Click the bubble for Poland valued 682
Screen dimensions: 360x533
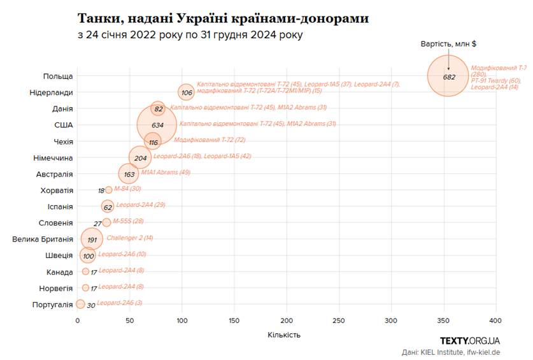pyautogui.click(x=448, y=76)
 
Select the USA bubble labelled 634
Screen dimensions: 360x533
pyautogui.click(x=157, y=124)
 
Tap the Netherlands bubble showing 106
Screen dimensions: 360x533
pyautogui.click(x=186, y=92)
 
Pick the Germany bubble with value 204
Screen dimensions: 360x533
pyautogui.click(x=140, y=157)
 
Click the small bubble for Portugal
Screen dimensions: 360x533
pyautogui.click(x=80, y=304)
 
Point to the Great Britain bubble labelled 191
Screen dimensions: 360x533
pyautogui.click(x=92, y=239)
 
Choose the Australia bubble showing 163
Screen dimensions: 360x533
pyautogui.click(x=129, y=173)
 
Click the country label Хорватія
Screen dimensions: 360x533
pyautogui.click(x=57, y=190)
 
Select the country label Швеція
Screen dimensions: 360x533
pyautogui.click(x=59, y=256)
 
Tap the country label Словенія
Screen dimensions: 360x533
pyautogui.click(x=55, y=223)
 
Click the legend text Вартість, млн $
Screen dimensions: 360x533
pyautogui.click(x=449, y=44)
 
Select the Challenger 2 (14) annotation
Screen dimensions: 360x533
pyautogui.click(x=129, y=238)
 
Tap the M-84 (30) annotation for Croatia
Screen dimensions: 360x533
pyautogui.click(x=127, y=189)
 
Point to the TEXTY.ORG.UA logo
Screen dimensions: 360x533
pyautogui.click(x=469, y=341)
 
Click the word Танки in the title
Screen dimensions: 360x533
pyautogui.click(x=98, y=18)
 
